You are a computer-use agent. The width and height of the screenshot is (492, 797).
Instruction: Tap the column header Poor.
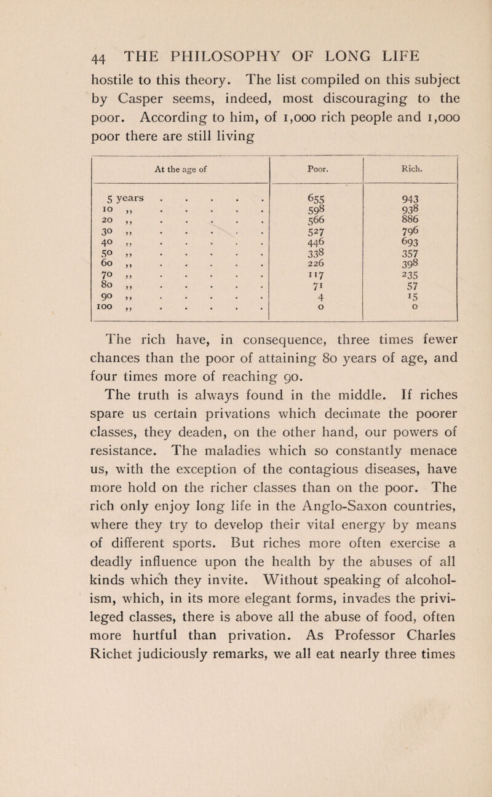click(317, 165)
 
